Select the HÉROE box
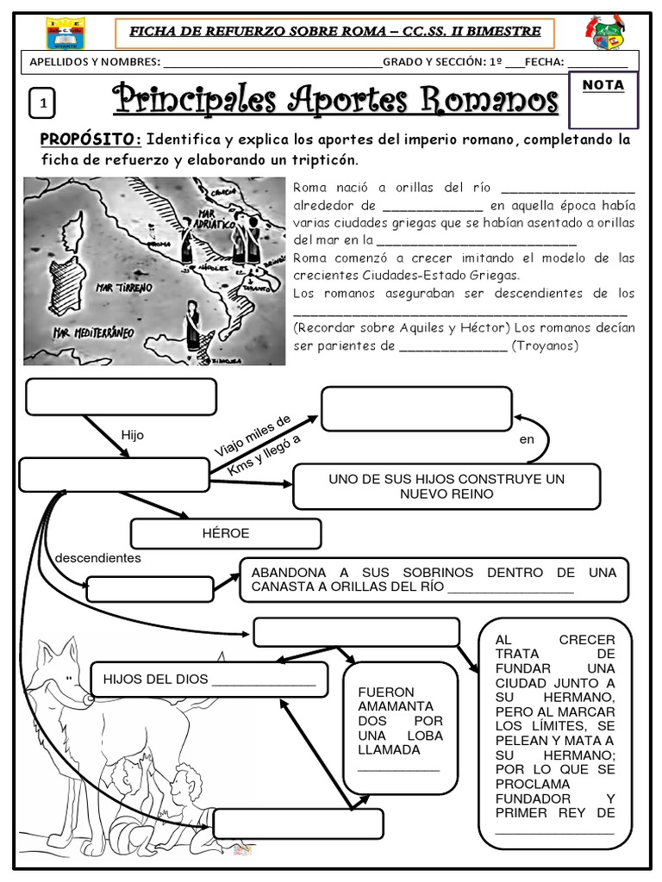point(225,533)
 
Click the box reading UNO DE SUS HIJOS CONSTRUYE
point(446,487)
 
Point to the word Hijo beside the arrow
point(133,436)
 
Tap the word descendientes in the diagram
point(97,557)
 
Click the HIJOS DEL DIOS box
point(209,680)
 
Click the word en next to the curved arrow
point(528,439)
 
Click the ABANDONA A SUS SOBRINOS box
point(434,580)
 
